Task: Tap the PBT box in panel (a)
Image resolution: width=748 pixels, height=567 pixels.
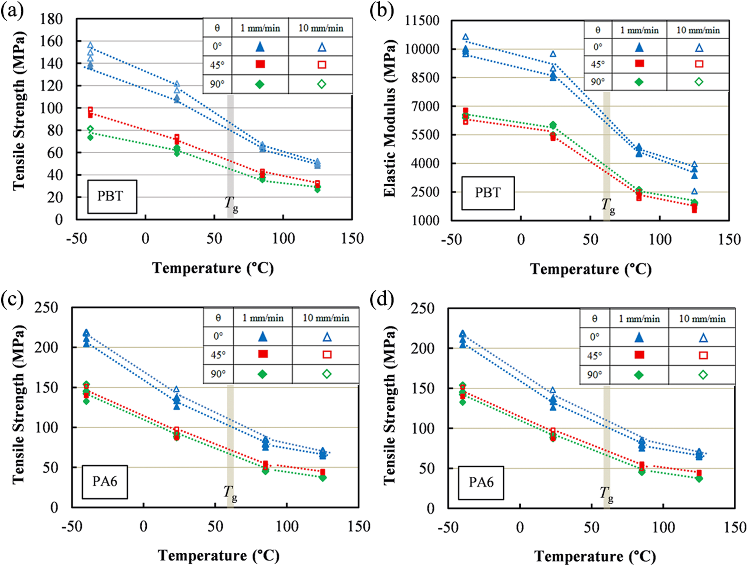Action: point(112,196)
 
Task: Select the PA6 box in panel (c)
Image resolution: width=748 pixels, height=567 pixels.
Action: point(105,482)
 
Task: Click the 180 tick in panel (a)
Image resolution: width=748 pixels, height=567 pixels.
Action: point(51,19)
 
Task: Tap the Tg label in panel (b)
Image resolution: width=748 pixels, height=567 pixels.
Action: point(608,206)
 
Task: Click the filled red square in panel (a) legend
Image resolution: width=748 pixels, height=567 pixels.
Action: point(260,64)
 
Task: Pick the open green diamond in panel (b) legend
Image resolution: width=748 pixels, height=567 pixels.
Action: point(699,82)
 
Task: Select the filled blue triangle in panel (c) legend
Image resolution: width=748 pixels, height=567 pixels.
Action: point(262,336)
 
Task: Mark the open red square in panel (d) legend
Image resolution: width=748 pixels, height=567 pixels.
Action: point(703,355)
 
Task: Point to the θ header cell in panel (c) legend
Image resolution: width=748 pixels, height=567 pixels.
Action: point(218,317)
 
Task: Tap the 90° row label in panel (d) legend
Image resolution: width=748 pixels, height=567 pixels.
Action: point(595,375)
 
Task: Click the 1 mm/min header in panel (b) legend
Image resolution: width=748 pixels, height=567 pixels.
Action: point(639,30)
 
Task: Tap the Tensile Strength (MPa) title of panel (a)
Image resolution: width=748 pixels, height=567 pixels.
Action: point(19,111)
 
